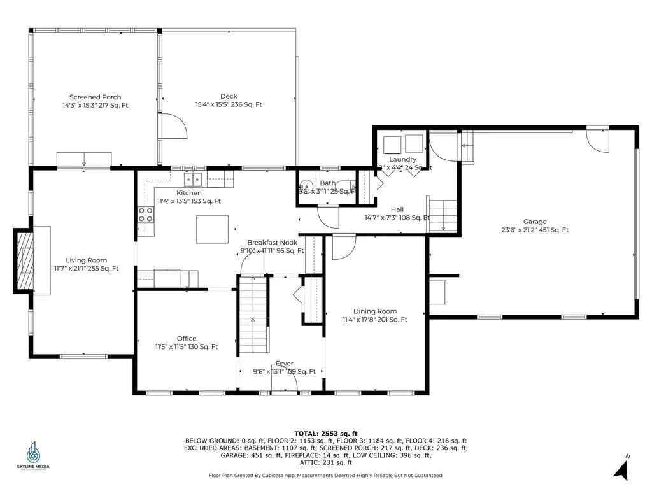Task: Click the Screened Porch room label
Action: coord(95,97)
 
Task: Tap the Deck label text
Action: coord(229,97)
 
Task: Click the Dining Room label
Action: coord(375,311)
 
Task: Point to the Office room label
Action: coord(187,339)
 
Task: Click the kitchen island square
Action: coord(212,229)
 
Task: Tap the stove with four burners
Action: coord(146,215)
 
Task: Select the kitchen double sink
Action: coord(194,178)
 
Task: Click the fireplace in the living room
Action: coord(25,260)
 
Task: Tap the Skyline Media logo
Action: coord(32,455)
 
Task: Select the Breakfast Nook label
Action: coord(271,243)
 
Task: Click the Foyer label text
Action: coord(284,364)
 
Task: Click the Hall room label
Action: coord(397,209)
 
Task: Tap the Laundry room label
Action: coord(402,159)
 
